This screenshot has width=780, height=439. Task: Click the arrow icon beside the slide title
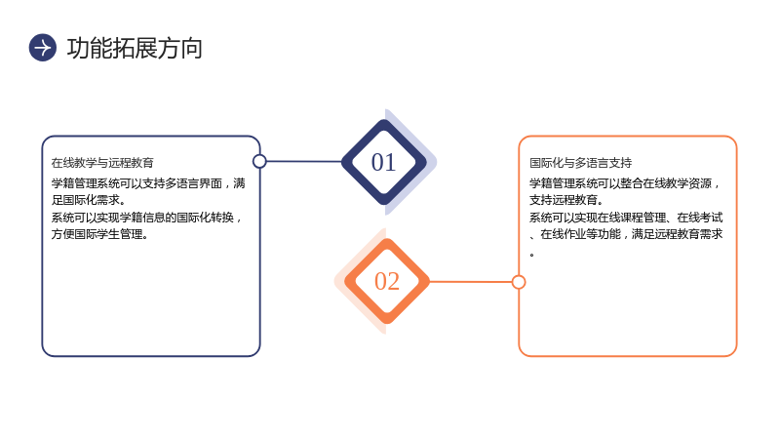click(x=43, y=48)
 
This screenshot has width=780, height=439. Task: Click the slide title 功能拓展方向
click(x=135, y=48)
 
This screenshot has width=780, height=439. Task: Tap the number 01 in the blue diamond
click(x=383, y=162)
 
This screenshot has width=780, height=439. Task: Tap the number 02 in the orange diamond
click(x=387, y=281)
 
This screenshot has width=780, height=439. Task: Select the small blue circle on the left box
click(x=259, y=161)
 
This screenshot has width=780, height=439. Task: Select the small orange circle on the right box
click(x=519, y=282)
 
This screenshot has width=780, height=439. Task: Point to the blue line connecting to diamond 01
click(x=304, y=161)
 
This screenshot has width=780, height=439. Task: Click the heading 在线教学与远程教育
click(x=102, y=163)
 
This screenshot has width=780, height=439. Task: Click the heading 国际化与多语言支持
click(x=580, y=163)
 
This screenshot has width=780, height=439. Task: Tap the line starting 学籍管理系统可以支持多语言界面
click(x=148, y=183)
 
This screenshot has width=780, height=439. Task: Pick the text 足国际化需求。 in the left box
click(x=89, y=200)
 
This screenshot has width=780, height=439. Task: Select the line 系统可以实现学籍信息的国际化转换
click(x=147, y=218)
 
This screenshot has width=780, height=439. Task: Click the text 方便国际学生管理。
click(x=100, y=234)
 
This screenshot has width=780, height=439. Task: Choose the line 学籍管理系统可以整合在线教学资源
click(x=625, y=183)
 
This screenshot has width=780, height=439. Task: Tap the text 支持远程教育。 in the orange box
click(x=566, y=200)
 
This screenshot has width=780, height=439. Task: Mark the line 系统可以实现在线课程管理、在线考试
click(x=626, y=218)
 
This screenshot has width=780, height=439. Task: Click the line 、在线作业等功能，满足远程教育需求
click(x=626, y=234)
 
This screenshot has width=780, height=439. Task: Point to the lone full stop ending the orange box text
click(x=532, y=255)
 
